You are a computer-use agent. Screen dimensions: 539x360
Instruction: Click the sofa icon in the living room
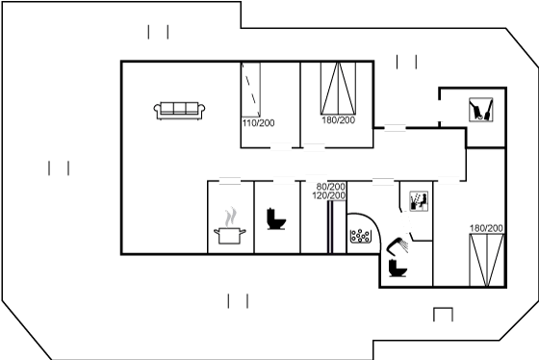coord(179,111)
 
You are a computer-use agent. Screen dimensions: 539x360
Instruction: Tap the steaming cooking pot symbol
coord(230,226)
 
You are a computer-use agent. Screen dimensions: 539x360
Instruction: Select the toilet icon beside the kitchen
coord(276,219)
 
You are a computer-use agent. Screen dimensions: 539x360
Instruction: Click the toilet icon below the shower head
coord(398,268)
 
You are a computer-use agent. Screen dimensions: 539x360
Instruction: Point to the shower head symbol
coord(398,245)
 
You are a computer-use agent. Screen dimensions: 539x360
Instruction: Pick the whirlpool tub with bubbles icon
coord(361,236)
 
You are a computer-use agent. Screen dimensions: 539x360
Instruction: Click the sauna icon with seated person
coord(419,201)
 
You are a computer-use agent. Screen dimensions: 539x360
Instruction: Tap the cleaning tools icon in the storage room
coord(481,110)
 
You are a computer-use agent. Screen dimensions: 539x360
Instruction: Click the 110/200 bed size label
coord(259,123)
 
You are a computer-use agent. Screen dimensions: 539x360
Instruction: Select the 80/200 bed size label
coord(331,187)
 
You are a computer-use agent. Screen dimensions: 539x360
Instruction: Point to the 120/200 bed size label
coord(329,195)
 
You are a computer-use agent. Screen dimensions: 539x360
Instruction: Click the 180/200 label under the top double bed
coord(338,120)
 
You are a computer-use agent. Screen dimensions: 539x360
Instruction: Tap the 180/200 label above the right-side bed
coord(486,228)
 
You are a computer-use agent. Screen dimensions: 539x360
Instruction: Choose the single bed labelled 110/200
coord(250,90)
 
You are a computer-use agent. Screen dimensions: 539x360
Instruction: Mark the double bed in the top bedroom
coord(338,89)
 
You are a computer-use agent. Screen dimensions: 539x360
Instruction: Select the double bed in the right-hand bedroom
coord(487,260)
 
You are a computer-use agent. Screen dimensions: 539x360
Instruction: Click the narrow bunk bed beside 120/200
coord(330,227)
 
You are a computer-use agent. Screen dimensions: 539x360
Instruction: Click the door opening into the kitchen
coord(230,181)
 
